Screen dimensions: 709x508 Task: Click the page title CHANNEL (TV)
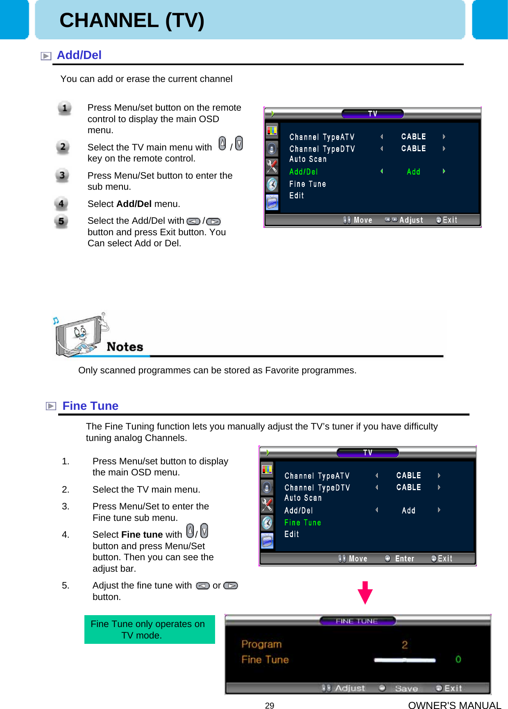point(132,20)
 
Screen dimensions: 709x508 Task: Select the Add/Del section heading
point(79,55)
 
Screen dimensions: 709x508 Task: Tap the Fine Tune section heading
point(90,406)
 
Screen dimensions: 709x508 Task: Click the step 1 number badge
point(64,109)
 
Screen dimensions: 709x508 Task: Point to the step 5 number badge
point(61,221)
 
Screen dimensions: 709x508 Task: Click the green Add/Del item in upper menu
point(303,172)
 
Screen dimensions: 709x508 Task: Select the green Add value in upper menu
point(413,172)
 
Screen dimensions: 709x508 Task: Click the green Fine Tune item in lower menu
point(302,523)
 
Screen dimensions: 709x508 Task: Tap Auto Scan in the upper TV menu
point(308,159)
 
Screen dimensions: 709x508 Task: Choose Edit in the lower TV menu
point(292,534)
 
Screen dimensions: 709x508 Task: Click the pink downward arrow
point(365,593)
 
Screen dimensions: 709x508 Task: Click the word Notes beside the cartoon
point(125,347)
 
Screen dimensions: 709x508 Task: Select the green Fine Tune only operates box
point(150,629)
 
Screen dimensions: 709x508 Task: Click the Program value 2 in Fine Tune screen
point(404,645)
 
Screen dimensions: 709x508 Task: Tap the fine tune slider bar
point(404,660)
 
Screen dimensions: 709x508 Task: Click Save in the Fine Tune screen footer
point(406,689)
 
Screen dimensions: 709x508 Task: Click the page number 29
point(270,705)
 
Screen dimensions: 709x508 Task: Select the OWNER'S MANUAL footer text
point(454,705)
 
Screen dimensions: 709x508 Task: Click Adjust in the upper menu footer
point(411,220)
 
